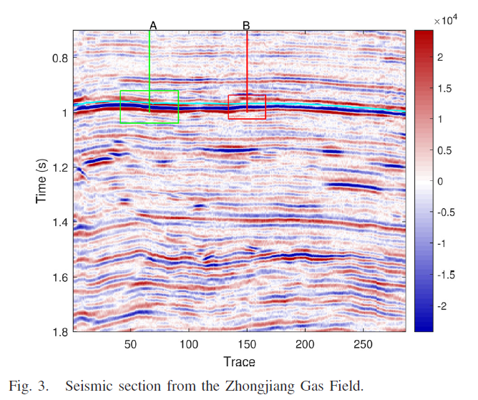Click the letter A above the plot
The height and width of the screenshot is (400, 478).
(152, 26)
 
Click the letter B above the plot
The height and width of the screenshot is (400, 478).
(246, 26)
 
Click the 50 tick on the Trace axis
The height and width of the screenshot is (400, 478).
(131, 344)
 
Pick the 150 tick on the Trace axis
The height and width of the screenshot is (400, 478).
(247, 344)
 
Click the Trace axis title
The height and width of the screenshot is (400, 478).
(238, 361)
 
